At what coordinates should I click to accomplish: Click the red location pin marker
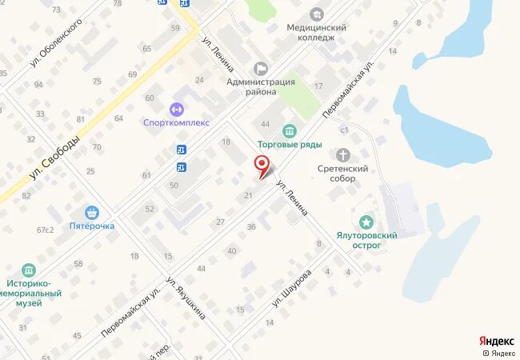pyautogui.click(x=261, y=164)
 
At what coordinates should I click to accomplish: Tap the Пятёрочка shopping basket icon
pyautogui.click(x=94, y=213)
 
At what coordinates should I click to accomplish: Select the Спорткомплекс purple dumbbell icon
pyautogui.click(x=176, y=109)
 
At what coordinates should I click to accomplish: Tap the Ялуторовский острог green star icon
pyautogui.click(x=366, y=222)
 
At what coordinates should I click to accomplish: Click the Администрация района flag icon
pyautogui.click(x=258, y=69)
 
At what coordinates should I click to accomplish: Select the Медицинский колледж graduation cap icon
pyautogui.click(x=317, y=14)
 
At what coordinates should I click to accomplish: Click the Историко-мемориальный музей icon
pyautogui.click(x=30, y=270)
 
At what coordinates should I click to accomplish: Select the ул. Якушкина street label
pyautogui.click(x=186, y=298)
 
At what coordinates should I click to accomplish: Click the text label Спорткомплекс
pyautogui.click(x=176, y=123)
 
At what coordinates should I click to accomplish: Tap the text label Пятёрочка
pyautogui.click(x=90, y=226)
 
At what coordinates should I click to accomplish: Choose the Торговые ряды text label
pyautogui.click(x=289, y=145)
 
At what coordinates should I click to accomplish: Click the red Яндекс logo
pyautogui.click(x=496, y=342)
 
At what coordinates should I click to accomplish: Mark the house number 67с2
pyautogui.click(x=44, y=230)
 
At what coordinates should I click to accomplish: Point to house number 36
pyautogui.click(x=250, y=227)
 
